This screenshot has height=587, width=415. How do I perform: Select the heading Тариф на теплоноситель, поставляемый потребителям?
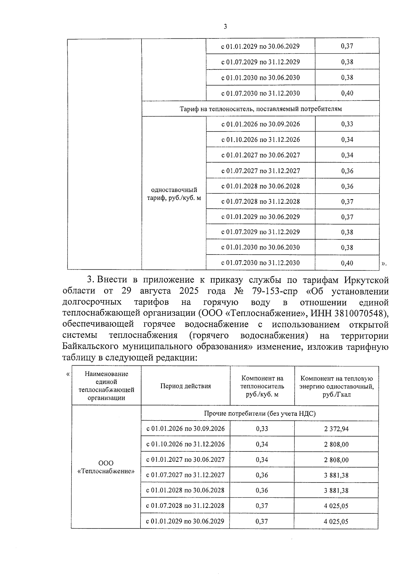click(x=260, y=109)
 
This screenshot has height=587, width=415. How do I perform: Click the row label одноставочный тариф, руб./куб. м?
click(x=174, y=194)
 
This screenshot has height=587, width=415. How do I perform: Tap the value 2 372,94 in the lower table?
click(x=336, y=429)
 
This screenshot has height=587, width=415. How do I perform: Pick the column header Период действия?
click(x=185, y=386)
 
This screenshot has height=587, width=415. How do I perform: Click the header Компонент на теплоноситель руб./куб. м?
click(x=262, y=386)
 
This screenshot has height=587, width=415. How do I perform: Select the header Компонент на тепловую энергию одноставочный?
click(x=336, y=386)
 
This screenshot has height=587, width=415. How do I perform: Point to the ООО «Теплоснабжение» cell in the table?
click(x=106, y=467)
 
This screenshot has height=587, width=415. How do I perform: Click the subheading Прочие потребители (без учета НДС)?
click(x=259, y=413)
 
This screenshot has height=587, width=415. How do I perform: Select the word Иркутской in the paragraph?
click(x=366, y=280)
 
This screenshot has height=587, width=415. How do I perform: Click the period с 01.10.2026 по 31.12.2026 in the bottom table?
click(x=185, y=444)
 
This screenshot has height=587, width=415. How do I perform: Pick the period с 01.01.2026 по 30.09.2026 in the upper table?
click(x=260, y=124)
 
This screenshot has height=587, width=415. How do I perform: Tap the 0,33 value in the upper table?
click(x=347, y=124)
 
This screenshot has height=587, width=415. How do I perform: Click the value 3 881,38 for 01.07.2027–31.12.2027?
click(x=336, y=475)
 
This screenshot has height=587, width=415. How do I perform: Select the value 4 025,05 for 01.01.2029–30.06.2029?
click(x=336, y=521)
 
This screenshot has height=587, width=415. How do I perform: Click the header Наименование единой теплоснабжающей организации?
click(x=106, y=386)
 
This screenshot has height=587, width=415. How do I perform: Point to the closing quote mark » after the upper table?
click(x=384, y=264)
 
